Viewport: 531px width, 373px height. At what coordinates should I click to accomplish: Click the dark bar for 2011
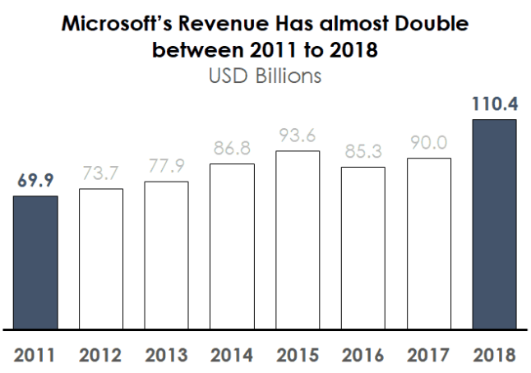35,262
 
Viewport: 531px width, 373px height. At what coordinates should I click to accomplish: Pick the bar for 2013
166,255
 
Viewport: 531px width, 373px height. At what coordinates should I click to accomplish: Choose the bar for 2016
362,247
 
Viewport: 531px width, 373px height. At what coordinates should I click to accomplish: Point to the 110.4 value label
494,105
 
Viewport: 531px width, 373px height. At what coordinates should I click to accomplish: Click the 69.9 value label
35,181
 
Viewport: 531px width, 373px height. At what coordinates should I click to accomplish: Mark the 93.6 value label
298,136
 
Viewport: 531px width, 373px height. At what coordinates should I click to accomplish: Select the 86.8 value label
232,149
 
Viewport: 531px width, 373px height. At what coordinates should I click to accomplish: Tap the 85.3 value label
362,152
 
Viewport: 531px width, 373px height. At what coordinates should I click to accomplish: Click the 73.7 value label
101,173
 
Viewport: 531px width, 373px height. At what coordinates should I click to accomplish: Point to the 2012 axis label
101,356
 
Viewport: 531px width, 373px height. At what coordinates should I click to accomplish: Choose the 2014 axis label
232,356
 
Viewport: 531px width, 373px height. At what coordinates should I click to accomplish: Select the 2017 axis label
428,356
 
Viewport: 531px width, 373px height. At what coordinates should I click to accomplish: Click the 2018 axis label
494,356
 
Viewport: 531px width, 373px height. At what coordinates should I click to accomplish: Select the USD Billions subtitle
265,76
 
